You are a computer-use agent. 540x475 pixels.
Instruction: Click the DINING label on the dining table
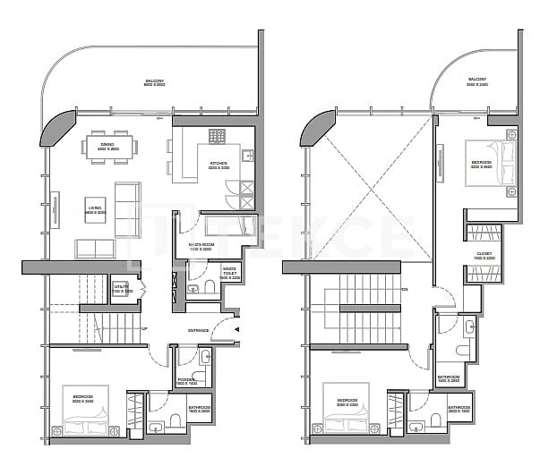[107, 146]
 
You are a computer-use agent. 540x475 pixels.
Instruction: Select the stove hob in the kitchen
[219, 136]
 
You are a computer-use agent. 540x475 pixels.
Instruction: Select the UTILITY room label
[122, 289]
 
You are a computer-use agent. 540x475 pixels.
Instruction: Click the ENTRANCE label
[198, 330]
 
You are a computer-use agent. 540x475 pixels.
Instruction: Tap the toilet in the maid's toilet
[208, 286]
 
